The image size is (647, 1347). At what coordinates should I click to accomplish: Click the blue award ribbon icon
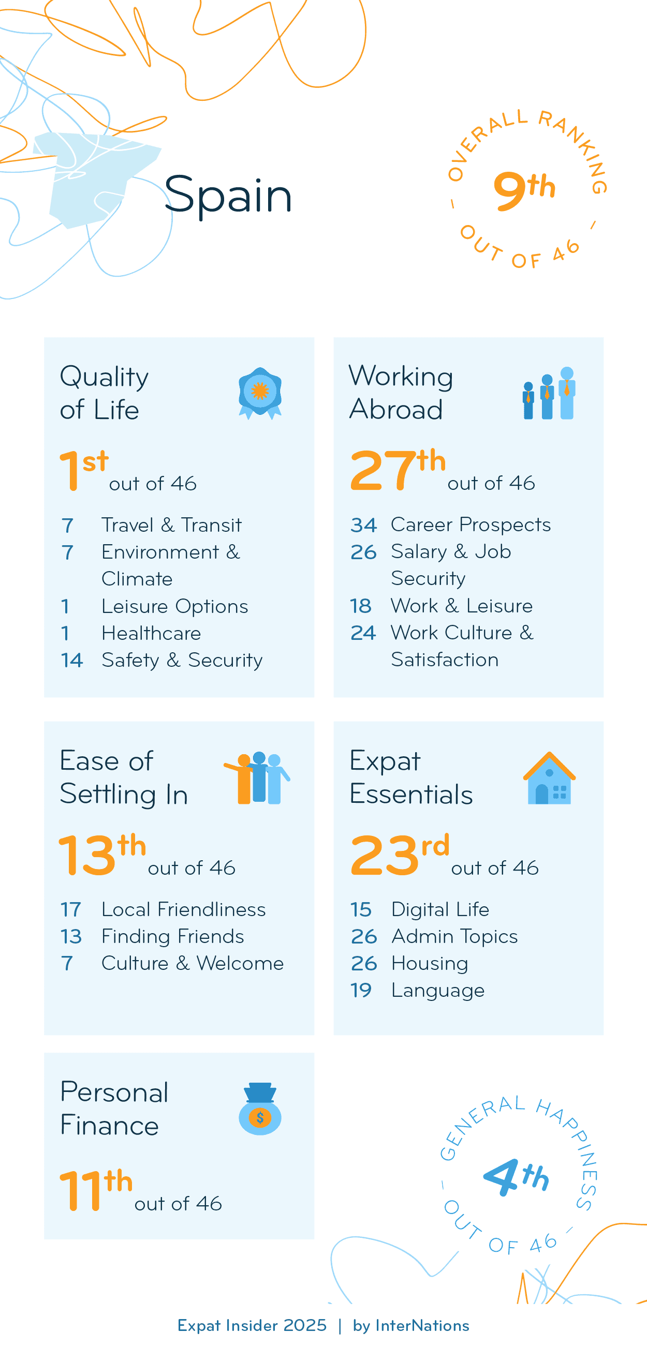point(260,393)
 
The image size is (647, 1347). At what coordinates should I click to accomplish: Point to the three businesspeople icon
point(549,393)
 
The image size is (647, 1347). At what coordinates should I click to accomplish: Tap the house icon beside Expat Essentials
point(549,778)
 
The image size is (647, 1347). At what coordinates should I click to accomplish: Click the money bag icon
point(260,1109)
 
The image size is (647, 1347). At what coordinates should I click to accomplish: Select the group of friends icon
point(257,778)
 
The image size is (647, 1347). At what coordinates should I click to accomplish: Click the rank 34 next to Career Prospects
point(363,525)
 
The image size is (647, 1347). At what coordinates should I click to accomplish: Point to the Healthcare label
point(151,633)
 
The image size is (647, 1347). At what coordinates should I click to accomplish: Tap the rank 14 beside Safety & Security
point(71,661)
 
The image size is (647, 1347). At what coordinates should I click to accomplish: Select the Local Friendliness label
point(184,909)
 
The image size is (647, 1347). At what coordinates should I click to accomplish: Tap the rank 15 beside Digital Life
point(361,909)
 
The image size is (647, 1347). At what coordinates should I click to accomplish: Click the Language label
point(438,991)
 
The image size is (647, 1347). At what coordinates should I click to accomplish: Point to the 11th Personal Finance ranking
point(96,1190)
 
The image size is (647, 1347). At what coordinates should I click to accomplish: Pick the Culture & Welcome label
point(193,963)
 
